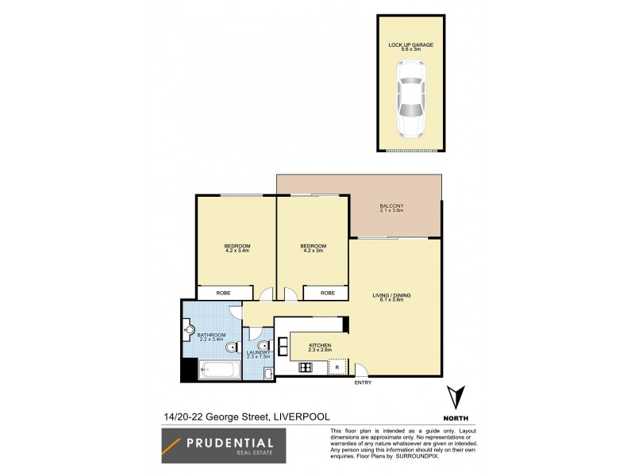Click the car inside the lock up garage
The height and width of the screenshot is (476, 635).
pos(410,98)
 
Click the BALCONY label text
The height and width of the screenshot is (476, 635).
pos(391,208)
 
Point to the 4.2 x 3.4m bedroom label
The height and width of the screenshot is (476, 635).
pos(237,249)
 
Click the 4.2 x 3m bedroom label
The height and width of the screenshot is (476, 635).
pos(313,249)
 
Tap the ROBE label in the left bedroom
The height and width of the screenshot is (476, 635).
pos(225,293)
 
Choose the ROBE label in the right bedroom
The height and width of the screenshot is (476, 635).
pos(327,293)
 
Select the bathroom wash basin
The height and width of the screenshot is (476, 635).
pos(189,330)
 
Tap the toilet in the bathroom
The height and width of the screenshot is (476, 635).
pos(231,349)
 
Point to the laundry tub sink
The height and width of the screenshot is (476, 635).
pos(268,372)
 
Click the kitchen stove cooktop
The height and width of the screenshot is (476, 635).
pos(306,367)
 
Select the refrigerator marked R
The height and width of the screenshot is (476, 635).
pos(338,367)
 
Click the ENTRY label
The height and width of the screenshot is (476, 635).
pos(362,384)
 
